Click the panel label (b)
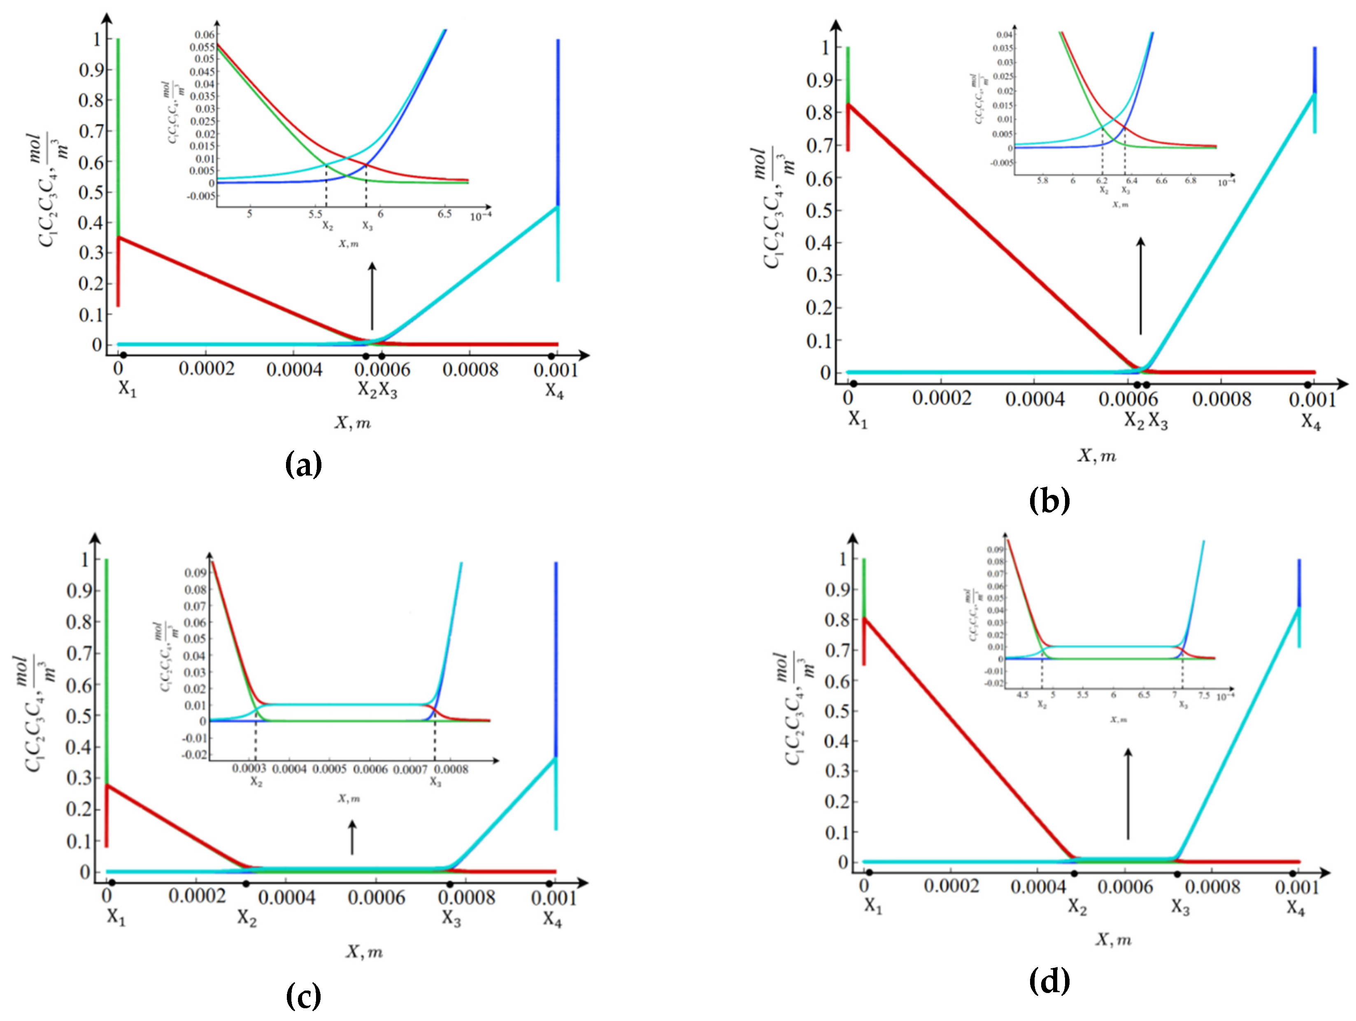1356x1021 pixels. (1049, 500)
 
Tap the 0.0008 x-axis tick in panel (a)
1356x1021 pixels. (470, 370)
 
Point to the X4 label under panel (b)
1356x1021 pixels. (1311, 422)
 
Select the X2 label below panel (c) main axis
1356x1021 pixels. (247, 918)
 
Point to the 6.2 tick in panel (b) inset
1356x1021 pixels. (1102, 181)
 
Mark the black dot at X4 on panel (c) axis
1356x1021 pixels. (550, 883)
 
